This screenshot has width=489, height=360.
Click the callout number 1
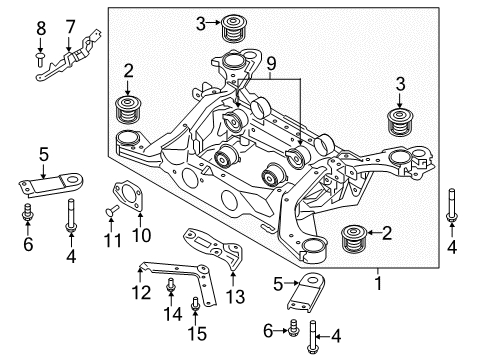pyautogui.click(x=377, y=283)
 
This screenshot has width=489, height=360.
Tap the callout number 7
pyautogui.click(x=70, y=25)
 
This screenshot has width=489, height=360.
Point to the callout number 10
pyautogui.click(x=140, y=237)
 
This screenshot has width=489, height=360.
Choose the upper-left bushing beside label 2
pyautogui.click(x=128, y=108)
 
